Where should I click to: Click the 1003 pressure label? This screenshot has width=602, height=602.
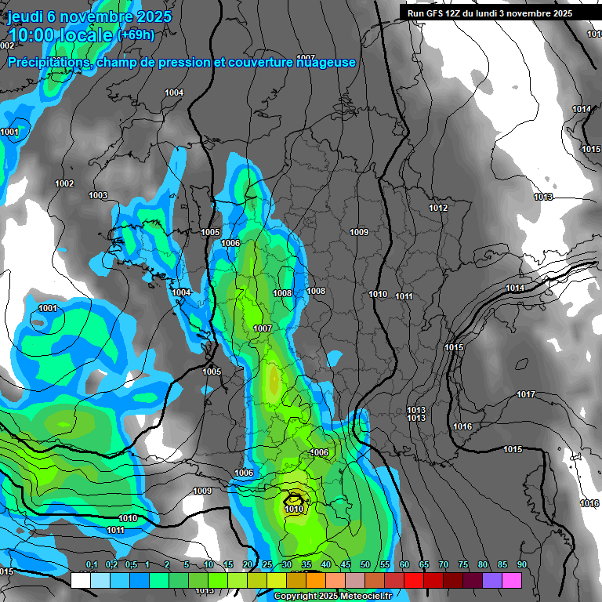98,195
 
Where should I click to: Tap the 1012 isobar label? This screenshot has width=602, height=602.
438,208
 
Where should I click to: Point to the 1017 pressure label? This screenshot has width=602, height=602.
526,394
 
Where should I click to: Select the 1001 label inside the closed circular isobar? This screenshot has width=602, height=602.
48,308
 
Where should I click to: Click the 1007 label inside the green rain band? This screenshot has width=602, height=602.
263,328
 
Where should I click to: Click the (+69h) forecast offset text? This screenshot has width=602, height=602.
136,35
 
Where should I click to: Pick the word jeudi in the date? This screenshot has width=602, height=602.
25,16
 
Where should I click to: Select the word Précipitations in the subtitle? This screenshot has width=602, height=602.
47,63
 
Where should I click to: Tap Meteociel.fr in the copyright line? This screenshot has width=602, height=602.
361,597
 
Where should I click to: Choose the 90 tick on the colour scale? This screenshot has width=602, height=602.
521,565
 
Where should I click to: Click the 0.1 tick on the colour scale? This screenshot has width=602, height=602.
92,565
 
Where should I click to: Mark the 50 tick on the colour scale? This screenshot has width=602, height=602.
365,565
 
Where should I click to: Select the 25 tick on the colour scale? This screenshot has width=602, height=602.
267,565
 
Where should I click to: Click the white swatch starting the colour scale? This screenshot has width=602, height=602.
80,580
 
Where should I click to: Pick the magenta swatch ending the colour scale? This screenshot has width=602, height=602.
512,580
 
